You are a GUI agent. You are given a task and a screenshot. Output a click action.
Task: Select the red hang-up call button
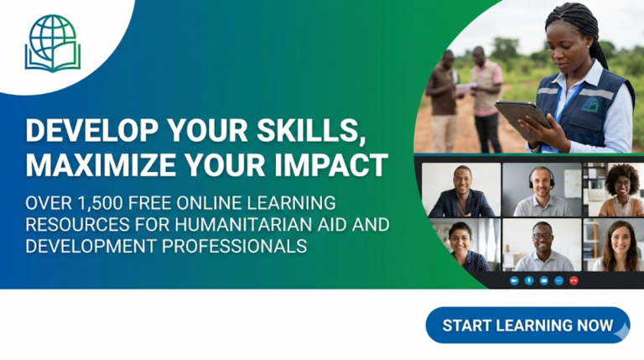(x=574, y=279)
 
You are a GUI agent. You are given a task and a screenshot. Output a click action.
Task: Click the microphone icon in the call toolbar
(x=528, y=279)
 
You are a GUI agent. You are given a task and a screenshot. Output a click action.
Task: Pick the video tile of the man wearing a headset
(x=541, y=190)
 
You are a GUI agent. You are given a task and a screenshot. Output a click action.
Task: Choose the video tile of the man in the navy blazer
(x=461, y=190)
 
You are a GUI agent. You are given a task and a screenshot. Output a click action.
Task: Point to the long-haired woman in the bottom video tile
(x=619, y=245)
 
